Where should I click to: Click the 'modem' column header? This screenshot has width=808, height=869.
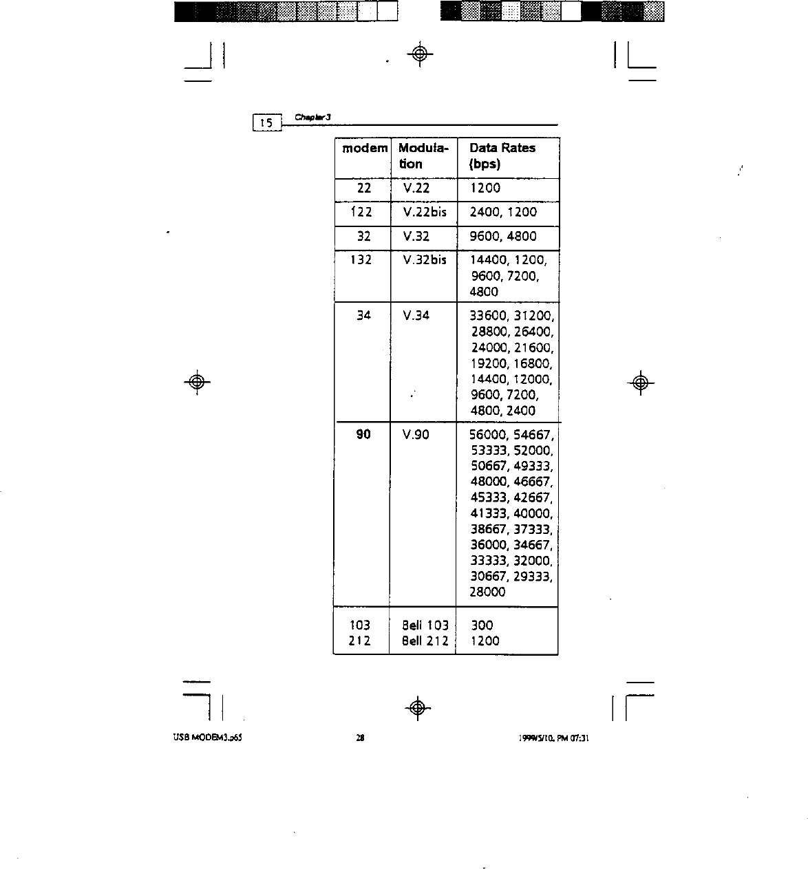point(365,149)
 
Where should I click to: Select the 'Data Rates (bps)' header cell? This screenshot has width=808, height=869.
point(502,156)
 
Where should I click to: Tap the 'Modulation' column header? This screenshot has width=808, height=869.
point(423,156)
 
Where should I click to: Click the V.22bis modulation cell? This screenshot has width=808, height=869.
point(425,213)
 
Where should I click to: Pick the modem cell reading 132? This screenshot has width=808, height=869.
point(361,260)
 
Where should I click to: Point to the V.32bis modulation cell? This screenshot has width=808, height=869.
point(425,260)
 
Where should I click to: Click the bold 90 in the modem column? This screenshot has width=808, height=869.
point(363,435)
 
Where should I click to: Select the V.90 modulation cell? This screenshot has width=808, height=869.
point(416,435)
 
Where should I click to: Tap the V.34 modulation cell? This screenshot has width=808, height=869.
point(416,316)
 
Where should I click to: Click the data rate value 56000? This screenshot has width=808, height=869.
point(488,435)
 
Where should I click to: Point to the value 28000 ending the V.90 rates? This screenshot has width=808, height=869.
point(487,592)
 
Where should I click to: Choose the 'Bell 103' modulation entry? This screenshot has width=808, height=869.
point(425,625)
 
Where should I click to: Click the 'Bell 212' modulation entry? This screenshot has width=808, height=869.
point(425,641)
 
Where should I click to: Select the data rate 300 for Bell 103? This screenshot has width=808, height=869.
point(482,625)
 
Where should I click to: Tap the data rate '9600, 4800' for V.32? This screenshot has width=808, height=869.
point(502,237)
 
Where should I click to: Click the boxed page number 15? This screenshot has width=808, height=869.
point(266,124)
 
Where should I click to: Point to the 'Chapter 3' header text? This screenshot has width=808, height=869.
point(313,117)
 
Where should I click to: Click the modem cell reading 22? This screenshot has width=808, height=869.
point(364,189)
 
